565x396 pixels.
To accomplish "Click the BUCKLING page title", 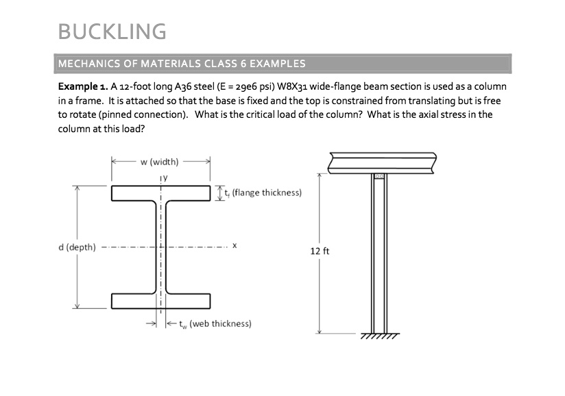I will coord(112,32).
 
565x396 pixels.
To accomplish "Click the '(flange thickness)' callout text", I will coord(266,193).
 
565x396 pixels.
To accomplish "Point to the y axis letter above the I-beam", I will coord(164,177).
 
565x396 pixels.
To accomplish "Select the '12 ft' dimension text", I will coord(320,251).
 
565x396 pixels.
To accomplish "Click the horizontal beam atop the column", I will coord(382,163).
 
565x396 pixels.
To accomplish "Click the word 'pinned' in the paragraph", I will coord(122,114).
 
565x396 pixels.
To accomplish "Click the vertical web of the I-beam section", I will coord(160,247).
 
